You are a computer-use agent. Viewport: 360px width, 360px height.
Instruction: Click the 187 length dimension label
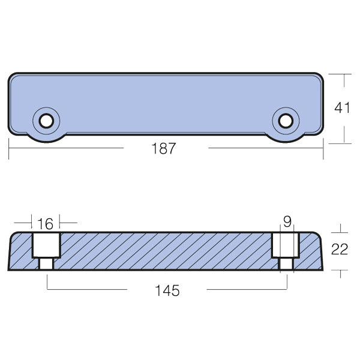[165, 149]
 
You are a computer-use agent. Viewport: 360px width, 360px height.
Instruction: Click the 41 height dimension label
[342, 108]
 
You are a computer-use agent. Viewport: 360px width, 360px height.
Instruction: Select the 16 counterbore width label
[45, 224]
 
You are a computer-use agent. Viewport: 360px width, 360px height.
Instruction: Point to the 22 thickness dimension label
[340, 250]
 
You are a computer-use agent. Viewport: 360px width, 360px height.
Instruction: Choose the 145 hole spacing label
[167, 291]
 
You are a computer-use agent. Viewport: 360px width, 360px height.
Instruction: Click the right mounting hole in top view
[286, 122]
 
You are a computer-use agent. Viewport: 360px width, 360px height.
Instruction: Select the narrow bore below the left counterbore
[46, 264]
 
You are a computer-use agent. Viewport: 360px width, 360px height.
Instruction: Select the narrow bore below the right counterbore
[286, 264]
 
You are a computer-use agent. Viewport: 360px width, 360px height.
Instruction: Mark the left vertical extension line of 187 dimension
[9, 149]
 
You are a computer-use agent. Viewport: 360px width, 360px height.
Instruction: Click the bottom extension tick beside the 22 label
[340, 275]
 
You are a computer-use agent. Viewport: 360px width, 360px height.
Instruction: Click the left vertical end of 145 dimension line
[47, 282]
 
